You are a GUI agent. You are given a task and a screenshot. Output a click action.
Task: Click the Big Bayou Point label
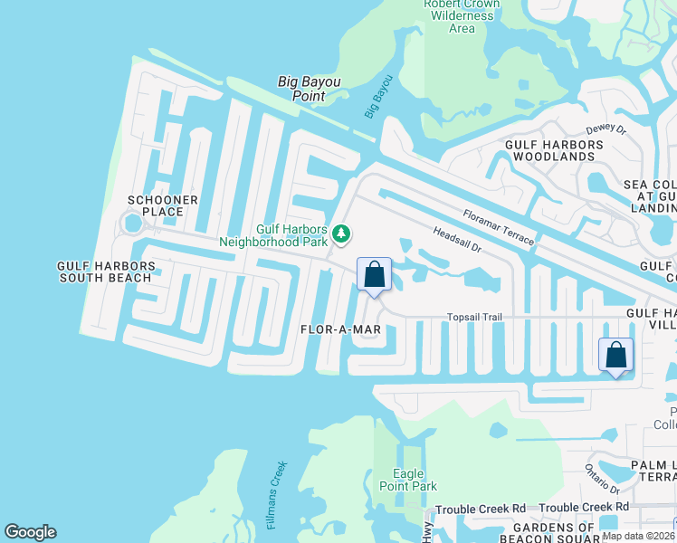click(309, 88)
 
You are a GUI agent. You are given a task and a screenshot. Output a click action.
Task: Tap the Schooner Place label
click(156, 205)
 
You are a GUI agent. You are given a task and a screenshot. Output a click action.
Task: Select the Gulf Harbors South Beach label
click(105, 271)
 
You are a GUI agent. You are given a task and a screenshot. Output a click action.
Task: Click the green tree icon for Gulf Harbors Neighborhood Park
click(341, 234)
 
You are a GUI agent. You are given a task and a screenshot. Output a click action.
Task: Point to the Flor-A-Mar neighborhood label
click(340, 330)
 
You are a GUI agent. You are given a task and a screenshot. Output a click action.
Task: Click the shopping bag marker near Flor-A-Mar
click(374, 274)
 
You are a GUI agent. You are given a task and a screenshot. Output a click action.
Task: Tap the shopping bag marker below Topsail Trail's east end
click(615, 355)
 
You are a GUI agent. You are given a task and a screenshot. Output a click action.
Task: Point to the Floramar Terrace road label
click(499, 227)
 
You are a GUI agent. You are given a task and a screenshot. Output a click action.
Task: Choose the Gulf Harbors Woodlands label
click(549, 150)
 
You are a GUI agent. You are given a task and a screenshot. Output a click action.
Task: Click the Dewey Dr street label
click(606, 129)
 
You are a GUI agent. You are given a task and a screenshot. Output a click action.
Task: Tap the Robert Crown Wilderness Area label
click(462, 16)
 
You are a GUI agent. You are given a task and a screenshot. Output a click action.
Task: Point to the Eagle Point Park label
click(415, 480)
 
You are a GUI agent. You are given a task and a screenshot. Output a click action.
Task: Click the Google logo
click(30, 532)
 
